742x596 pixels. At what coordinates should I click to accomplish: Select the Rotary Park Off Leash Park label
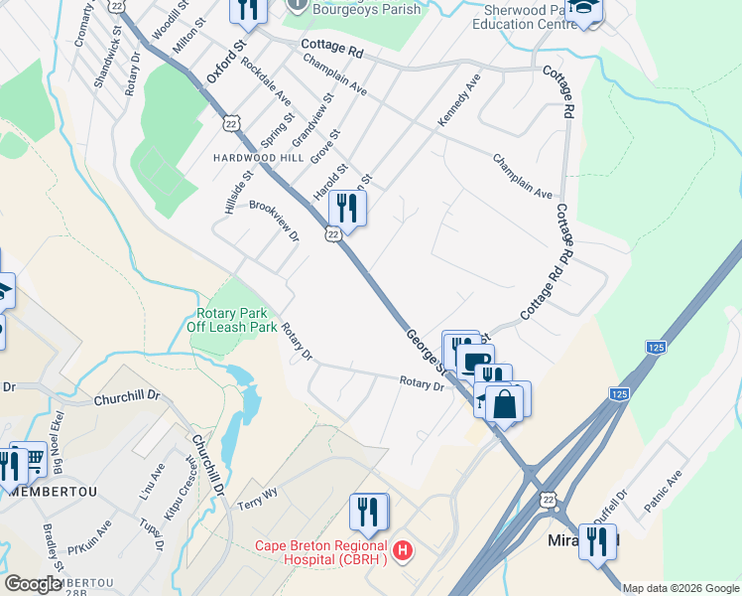(x=231, y=320)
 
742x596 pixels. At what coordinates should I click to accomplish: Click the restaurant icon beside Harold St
(x=347, y=208)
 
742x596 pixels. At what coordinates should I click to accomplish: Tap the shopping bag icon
(x=504, y=405)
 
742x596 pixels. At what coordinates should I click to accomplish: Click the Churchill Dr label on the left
(x=126, y=395)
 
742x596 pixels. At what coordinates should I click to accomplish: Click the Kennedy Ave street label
(x=459, y=99)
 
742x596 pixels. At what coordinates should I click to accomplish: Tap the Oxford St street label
(x=225, y=63)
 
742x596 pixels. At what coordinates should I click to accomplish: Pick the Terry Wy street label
(x=258, y=499)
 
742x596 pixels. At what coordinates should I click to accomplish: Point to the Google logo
(x=34, y=584)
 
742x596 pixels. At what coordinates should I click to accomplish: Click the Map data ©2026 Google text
(x=681, y=588)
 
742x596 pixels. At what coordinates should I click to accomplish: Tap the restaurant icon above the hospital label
(x=368, y=512)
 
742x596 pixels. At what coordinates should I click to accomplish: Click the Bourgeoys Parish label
(x=366, y=9)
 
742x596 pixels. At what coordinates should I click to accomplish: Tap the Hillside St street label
(x=239, y=188)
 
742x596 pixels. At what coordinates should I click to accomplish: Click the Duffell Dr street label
(x=610, y=508)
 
